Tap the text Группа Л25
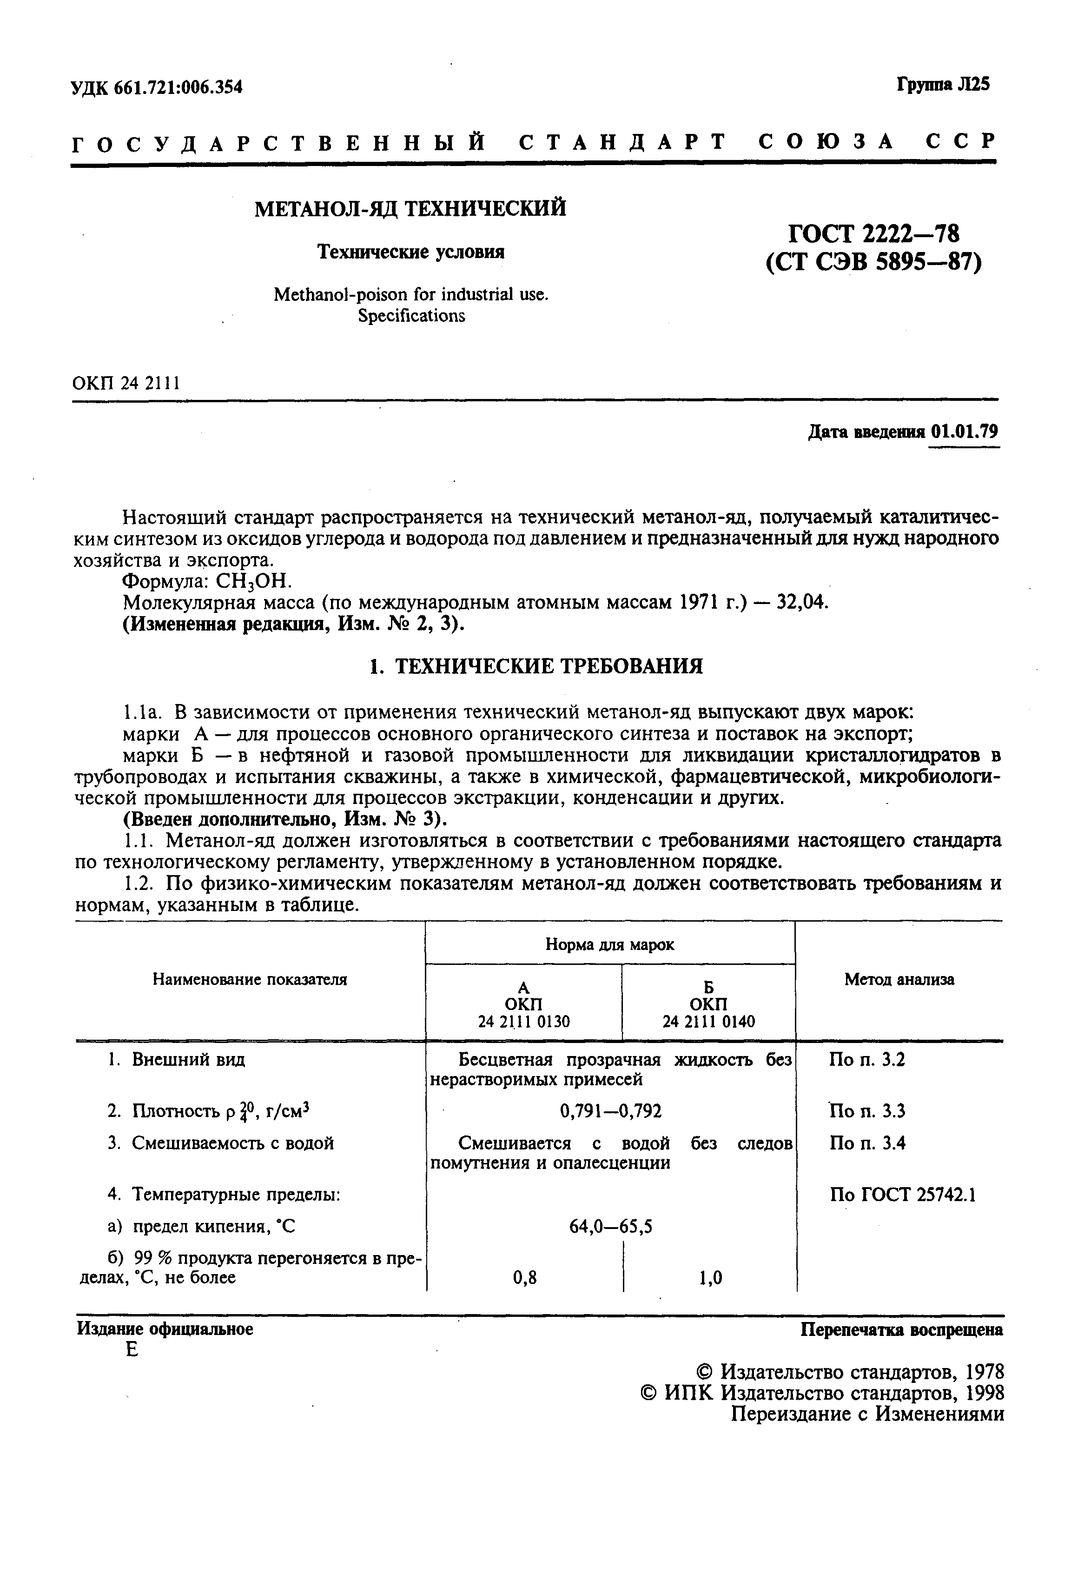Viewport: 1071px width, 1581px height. tap(943, 84)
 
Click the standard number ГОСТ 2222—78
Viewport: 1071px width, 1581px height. tap(874, 234)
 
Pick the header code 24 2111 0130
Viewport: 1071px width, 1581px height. tap(523, 1021)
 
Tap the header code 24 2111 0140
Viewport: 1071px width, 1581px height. tap(708, 1021)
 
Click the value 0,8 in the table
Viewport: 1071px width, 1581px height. tap(524, 1278)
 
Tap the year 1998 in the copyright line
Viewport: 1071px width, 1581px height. tap(985, 1393)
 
